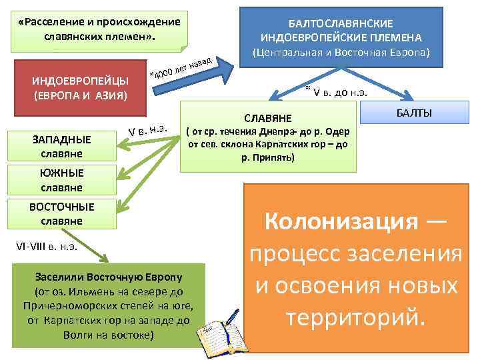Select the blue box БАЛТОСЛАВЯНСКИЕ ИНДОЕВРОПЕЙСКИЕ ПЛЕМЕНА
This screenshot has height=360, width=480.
[x=342, y=30]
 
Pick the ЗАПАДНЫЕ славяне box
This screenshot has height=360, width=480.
[x=61, y=147]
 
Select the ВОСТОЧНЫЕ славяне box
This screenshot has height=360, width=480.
[x=61, y=213]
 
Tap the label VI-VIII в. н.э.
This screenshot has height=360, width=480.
[x=47, y=245]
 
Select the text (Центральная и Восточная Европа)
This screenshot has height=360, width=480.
[x=341, y=52]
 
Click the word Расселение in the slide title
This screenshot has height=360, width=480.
[x=53, y=21]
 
